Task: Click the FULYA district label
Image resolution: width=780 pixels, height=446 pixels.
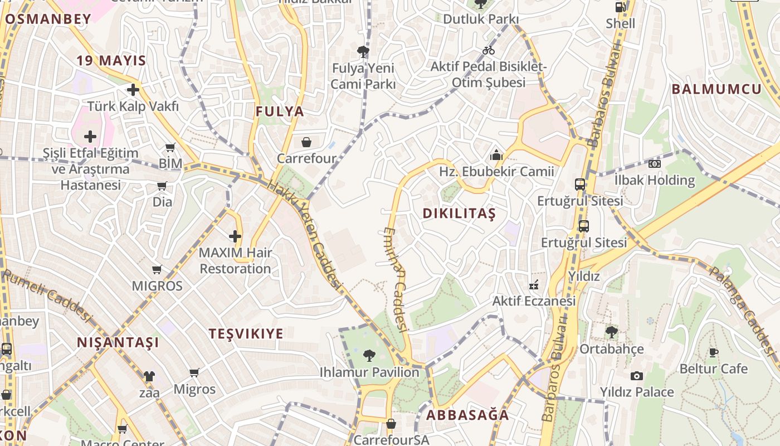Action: [280, 111]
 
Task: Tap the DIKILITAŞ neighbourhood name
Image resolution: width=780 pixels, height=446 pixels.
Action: [459, 214]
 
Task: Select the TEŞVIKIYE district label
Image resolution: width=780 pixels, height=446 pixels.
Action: [246, 334]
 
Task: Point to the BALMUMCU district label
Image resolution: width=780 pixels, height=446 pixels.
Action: [716, 89]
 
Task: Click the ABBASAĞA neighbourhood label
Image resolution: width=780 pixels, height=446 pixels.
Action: [467, 415]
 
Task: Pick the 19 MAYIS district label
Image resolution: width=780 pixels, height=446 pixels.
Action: [111, 61]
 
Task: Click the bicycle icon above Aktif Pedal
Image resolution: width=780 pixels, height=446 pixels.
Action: [489, 50]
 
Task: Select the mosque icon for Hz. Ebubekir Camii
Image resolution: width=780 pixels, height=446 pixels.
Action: [496, 155]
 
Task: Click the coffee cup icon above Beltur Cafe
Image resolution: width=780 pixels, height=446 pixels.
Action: [713, 352]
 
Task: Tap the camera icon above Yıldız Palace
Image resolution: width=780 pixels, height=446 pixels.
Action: [636, 376]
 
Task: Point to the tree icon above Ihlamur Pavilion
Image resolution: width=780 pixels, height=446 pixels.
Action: [369, 355]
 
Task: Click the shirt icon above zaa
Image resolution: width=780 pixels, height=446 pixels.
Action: [149, 376]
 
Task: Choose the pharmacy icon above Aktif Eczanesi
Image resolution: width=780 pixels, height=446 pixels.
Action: [534, 285]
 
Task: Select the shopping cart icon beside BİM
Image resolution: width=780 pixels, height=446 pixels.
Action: [170, 148]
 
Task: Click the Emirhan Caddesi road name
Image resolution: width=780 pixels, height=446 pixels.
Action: [397, 279]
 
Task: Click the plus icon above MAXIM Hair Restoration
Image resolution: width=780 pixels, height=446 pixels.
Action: [235, 236]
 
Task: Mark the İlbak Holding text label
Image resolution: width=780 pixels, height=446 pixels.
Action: [654, 180]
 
